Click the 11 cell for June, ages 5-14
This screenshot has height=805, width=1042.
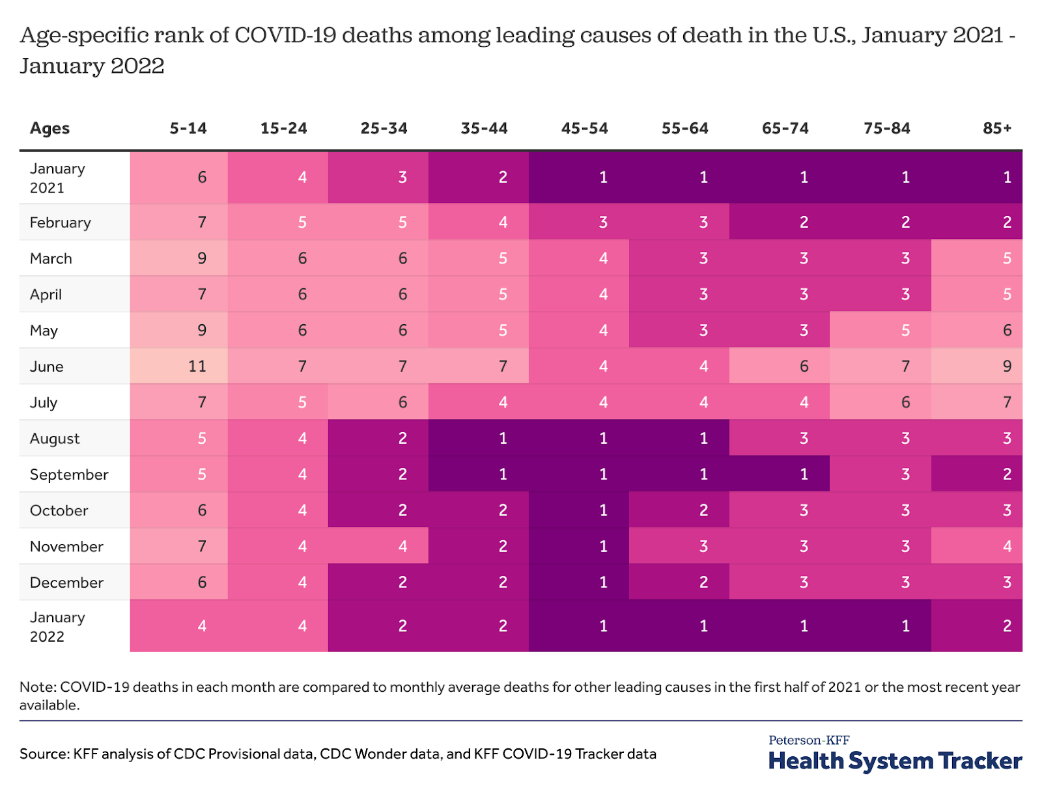[179, 366]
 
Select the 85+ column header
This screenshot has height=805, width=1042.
[996, 128]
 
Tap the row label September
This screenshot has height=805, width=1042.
[69, 474]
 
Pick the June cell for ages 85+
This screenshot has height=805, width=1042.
[977, 366]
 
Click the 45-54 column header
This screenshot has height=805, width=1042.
[584, 128]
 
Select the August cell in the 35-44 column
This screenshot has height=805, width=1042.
[479, 438]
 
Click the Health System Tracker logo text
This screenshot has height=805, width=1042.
[895, 760]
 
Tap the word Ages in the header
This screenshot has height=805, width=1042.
[49, 128]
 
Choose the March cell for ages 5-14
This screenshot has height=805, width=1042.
[179, 258]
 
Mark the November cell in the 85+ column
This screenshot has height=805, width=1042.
[977, 546]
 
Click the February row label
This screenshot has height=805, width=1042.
[60, 223]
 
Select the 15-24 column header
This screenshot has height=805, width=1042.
[283, 128]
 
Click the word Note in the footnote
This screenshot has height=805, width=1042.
[36, 687]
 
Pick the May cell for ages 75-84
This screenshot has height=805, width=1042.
[880, 331]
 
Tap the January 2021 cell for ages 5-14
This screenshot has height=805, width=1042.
[179, 177]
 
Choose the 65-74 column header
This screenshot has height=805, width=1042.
[785, 128]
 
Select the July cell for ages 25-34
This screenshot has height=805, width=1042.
[378, 402]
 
